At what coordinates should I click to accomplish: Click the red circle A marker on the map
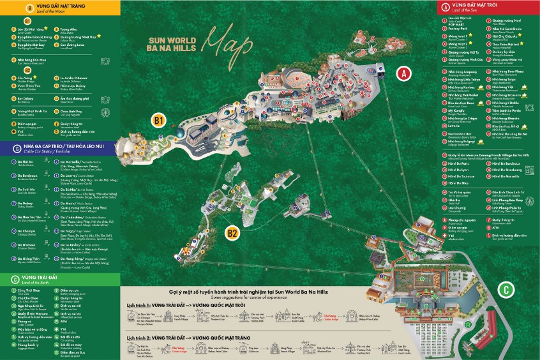coord(402,73)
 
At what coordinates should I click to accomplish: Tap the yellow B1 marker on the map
coord(159,119)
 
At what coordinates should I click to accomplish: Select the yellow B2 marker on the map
coord(233,233)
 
